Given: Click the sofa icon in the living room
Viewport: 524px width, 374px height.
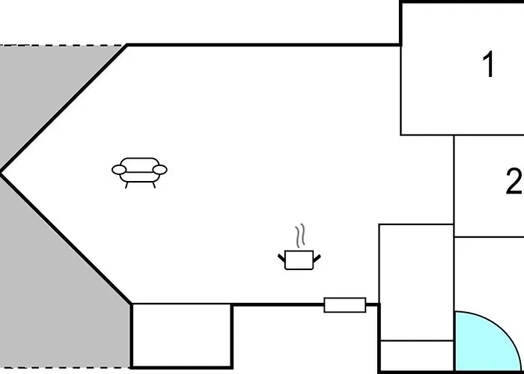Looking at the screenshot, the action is [139, 172].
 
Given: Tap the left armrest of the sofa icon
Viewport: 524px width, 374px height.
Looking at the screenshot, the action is [119, 170].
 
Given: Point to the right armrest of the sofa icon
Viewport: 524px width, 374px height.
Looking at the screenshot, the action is [159, 170].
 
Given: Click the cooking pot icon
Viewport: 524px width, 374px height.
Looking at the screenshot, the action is [299, 260].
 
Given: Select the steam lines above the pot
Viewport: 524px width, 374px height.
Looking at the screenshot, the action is [300, 236].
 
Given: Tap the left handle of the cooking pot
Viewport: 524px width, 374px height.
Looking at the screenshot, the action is [281, 258].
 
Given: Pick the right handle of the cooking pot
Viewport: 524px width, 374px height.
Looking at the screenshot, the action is [317, 258].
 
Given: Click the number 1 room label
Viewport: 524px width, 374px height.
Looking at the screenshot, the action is [489, 65].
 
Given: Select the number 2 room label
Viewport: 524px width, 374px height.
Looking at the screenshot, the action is [514, 181].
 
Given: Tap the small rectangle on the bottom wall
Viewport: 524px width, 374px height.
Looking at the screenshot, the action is [345, 305].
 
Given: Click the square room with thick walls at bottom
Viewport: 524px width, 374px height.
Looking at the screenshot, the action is [181, 336].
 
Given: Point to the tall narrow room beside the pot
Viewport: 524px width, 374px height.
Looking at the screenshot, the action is [416, 282].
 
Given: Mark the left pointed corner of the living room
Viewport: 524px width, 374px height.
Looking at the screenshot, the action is [1, 173].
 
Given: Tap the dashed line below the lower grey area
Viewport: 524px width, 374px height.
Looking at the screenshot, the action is [65, 368].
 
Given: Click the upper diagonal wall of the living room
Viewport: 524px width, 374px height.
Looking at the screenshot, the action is [64, 108].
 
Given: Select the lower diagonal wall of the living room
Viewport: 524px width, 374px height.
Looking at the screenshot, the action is [66, 239].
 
